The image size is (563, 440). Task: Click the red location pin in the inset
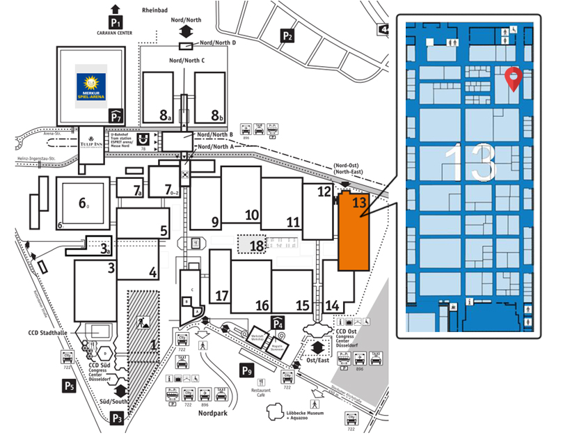click(513, 79)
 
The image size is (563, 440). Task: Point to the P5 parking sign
click(68, 385)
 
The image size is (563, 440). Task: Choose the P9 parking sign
click(248, 370)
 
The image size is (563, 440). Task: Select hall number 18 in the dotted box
click(257, 244)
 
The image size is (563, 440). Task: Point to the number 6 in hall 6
click(83, 204)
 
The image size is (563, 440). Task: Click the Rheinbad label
click(154, 9)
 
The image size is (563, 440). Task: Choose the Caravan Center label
click(115, 31)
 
